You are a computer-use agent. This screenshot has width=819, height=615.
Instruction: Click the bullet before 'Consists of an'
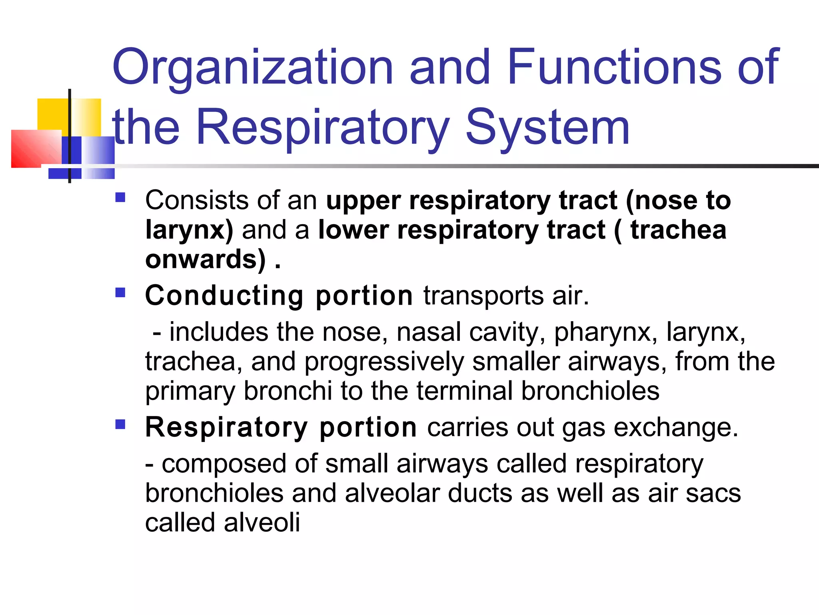(x=120, y=197)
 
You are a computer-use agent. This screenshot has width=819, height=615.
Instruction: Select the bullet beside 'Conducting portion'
(x=120, y=292)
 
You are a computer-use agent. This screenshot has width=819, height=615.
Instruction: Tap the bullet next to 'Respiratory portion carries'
(x=120, y=424)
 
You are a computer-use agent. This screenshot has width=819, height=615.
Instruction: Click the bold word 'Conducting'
(x=224, y=296)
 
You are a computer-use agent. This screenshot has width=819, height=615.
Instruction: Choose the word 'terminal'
(x=464, y=391)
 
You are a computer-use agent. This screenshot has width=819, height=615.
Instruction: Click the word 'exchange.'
(x=676, y=428)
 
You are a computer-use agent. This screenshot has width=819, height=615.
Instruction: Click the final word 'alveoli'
(x=262, y=523)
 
